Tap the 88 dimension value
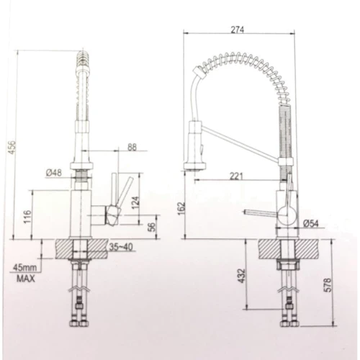(x=131, y=147)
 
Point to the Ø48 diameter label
(x=54, y=173)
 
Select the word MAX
(x=27, y=279)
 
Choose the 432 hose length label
(x=242, y=275)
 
